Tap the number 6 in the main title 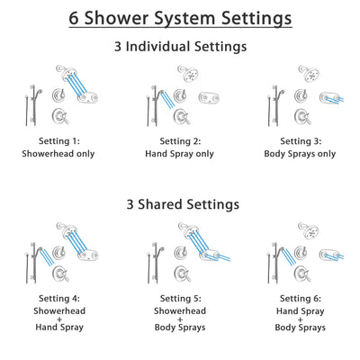[75, 18]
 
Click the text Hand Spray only [179, 154]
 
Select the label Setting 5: [179, 300]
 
